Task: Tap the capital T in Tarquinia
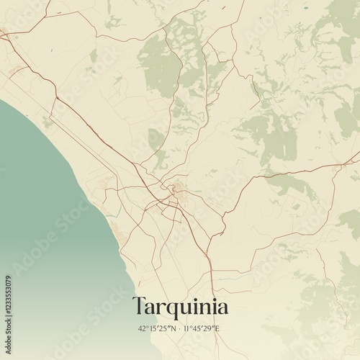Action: [139, 306]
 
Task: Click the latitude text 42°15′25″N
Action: [157, 328]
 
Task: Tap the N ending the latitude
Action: [174, 328]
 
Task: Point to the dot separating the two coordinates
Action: [181, 328]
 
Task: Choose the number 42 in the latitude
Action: [142, 328]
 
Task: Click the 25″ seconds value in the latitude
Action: [165, 328]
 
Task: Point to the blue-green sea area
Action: [43, 216]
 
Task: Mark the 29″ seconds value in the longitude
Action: [210, 328]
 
